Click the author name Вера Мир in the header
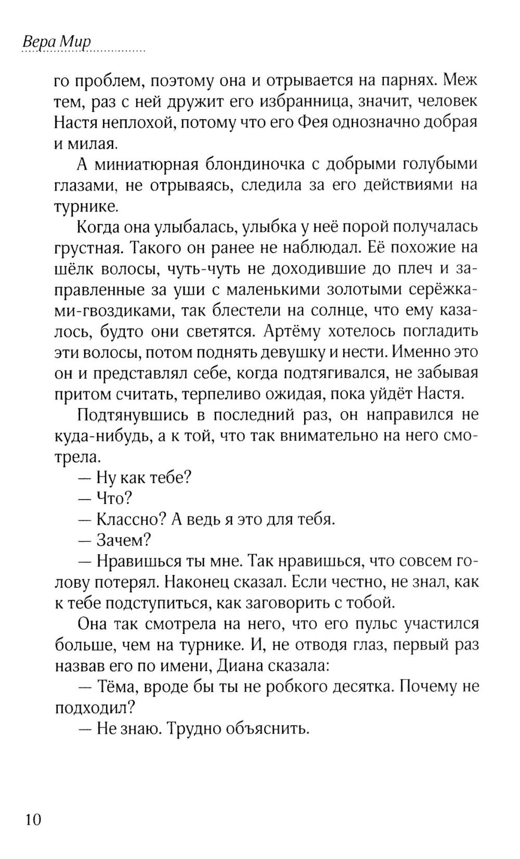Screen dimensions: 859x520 [57, 42]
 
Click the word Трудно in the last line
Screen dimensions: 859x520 [196, 728]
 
